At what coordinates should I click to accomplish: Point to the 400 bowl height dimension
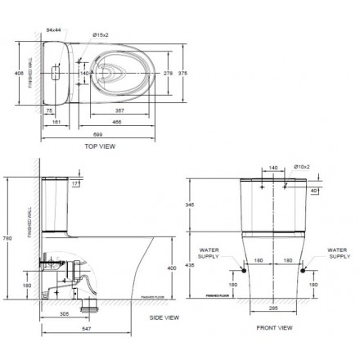[x=171, y=268]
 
